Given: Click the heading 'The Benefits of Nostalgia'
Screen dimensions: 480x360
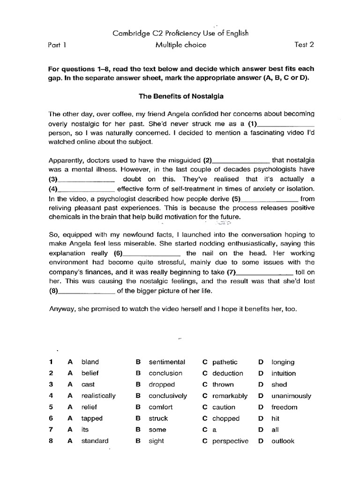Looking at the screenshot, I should (x=180, y=97).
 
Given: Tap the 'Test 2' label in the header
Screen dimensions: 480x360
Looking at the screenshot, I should (x=304, y=45).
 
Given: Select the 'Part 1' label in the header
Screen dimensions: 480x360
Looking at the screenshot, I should (x=58, y=45).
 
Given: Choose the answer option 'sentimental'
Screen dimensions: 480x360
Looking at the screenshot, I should (x=167, y=362).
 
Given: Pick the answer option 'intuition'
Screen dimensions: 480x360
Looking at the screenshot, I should (x=284, y=373).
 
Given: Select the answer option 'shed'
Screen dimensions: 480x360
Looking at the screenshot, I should (x=279, y=384).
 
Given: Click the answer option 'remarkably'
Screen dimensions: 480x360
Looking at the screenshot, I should (x=230, y=396).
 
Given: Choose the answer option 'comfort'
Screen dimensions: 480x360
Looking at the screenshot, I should (x=161, y=407).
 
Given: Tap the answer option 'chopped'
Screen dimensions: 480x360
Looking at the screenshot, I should (x=225, y=418).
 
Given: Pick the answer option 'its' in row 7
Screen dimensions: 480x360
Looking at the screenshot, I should (x=85, y=429).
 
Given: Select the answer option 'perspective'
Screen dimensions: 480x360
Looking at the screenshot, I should (x=230, y=441).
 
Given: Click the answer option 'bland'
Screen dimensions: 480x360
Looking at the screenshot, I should (x=90, y=362).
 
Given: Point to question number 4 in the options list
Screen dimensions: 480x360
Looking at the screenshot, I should (x=50, y=396).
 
